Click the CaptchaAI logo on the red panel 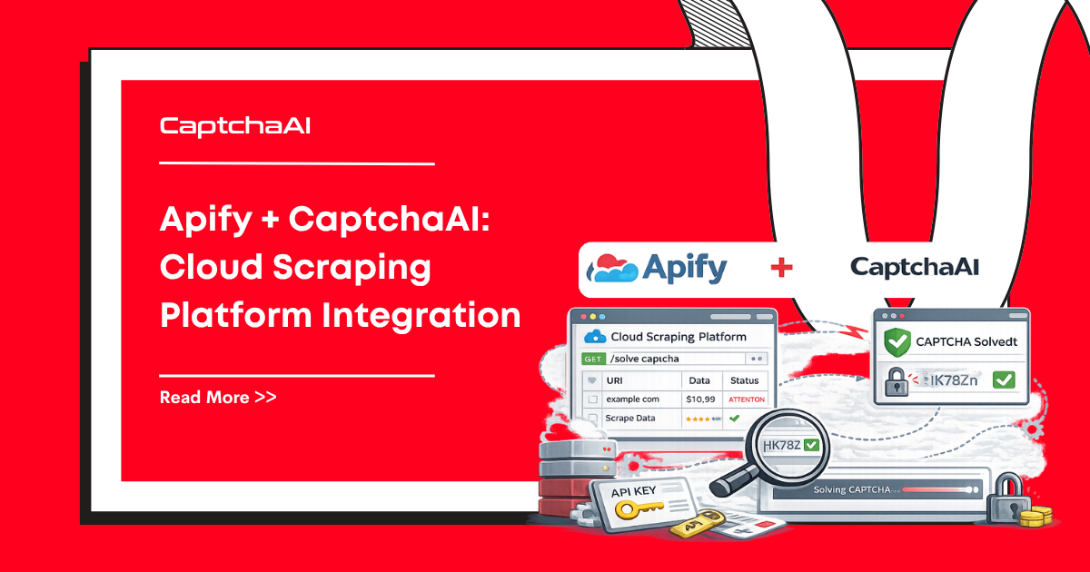(x=235, y=126)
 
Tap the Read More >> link (x=218, y=397)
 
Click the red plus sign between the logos (x=781, y=267)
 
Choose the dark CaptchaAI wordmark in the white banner (x=914, y=267)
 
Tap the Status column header (x=745, y=381)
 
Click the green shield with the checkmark (x=897, y=343)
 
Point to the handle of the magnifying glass (x=726, y=481)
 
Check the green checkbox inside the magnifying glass (x=810, y=446)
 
